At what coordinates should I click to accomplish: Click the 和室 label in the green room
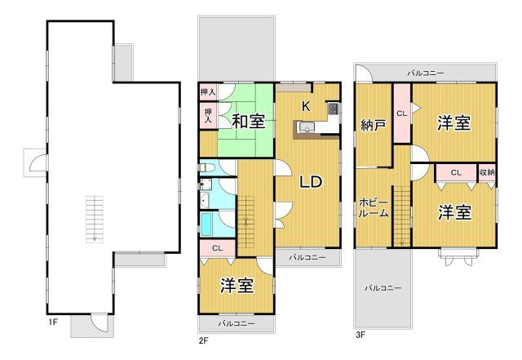point(248,122)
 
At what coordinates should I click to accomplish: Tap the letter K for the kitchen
point(306,105)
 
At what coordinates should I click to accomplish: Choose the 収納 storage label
point(486,172)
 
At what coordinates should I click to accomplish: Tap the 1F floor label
point(52,322)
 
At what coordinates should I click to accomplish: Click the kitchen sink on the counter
point(308,126)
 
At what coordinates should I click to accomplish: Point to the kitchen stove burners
point(333,109)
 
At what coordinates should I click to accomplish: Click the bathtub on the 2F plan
point(208,223)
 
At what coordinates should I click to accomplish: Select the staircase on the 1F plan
point(95,218)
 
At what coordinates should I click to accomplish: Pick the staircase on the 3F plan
point(400,214)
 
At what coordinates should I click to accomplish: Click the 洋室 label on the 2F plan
point(237,286)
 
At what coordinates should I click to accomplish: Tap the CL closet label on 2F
point(217,248)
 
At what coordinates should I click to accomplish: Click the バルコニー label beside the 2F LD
point(307,257)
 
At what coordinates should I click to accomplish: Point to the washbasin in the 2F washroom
point(205,198)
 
